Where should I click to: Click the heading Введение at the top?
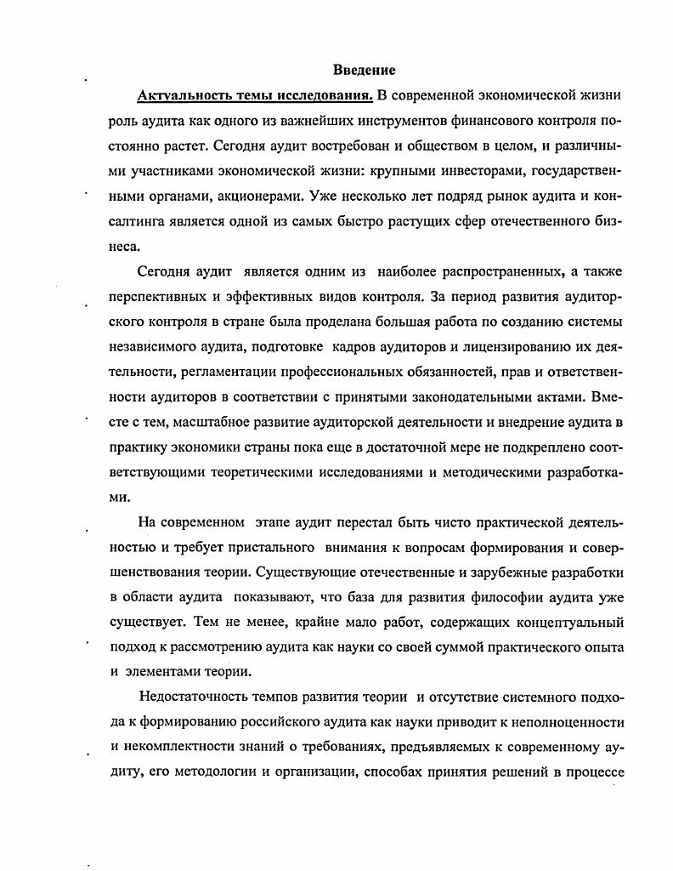364,70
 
